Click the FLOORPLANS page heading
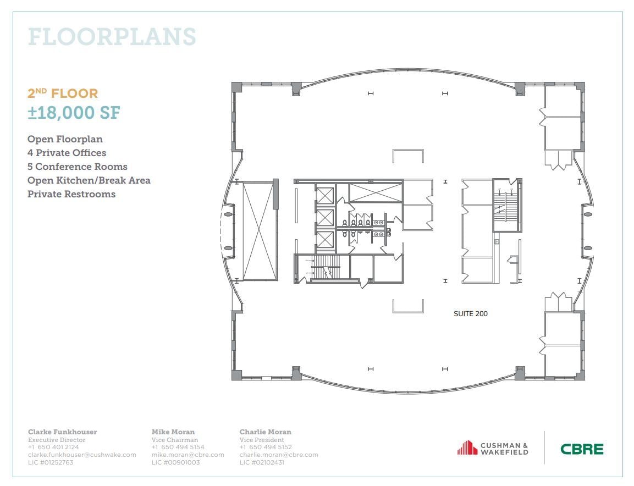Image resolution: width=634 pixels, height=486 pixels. [x=112, y=37]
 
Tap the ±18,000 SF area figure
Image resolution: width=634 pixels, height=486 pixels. [x=74, y=113]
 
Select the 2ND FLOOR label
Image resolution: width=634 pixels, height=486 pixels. [x=63, y=93]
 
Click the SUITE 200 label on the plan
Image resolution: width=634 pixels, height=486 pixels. [x=470, y=314]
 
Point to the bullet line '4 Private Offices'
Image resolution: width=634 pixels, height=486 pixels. [x=67, y=153]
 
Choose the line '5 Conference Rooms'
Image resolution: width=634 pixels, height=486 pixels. [x=77, y=167]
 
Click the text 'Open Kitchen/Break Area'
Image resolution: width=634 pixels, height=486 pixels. [x=89, y=180]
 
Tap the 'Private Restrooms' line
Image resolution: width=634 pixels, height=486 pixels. [x=71, y=194]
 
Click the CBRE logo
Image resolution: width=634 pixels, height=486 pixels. [x=582, y=449]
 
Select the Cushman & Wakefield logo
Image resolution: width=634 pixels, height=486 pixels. [x=493, y=448]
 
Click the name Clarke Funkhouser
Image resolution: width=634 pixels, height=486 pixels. [x=62, y=432]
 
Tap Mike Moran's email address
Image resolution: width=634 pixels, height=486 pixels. [x=188, y=455]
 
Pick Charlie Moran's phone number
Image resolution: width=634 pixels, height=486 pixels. [x=266, y=448]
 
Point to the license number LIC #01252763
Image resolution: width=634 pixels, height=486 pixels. [x=50, y=462]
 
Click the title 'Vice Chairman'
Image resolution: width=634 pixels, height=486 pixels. [x=174, y=440]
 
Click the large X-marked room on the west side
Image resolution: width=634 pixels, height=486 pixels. [x=258, y=231]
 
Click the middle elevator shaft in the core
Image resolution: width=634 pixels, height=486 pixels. [x=326, y=218]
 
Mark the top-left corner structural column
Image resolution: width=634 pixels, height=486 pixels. [x=236, y=87]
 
